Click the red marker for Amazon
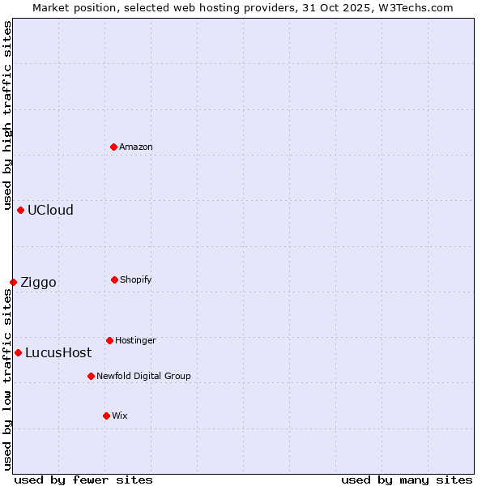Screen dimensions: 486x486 114,147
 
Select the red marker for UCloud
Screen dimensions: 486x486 20,210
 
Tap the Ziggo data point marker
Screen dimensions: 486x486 13,282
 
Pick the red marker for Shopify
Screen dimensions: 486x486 114,279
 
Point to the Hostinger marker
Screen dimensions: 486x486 109,340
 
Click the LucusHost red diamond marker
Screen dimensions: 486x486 18,352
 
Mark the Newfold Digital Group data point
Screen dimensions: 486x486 91,376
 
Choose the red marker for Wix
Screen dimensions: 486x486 106,416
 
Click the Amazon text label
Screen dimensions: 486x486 136,147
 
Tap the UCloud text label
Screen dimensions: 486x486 50,210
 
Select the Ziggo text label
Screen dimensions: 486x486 38,282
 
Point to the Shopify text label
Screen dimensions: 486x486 136,279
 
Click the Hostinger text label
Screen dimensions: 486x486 135,340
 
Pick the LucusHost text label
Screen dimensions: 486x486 58,352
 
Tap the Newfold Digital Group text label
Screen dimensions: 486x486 143,376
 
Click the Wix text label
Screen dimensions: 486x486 120,416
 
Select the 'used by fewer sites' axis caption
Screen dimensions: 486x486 83,480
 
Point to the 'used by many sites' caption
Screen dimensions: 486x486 407,480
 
